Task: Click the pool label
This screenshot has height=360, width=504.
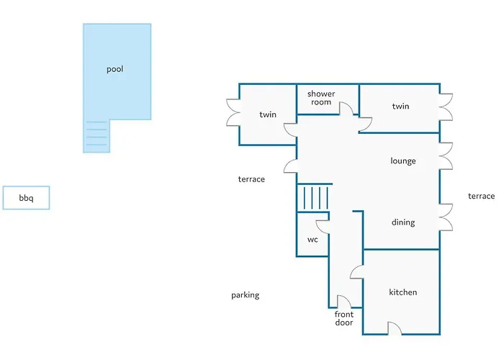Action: pos(114,69)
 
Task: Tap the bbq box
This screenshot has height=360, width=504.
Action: pos(26,198)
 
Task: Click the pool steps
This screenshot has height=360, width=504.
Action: pos(96,136)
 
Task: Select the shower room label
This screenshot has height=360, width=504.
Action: pos(321,98)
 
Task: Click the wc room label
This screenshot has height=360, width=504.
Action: pos(312,240)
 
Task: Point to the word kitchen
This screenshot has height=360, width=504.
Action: pos(402,292)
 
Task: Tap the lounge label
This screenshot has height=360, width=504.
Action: pos(403,161)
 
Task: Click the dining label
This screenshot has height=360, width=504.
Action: pos(403,222)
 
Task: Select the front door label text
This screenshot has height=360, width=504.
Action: pos(344,318)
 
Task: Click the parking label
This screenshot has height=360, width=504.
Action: pos(246,295)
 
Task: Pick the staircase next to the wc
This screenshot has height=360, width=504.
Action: pos(313,198)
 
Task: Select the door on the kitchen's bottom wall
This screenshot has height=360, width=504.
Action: pos(395,328)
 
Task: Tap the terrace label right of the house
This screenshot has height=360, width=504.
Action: pos(481,196)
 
